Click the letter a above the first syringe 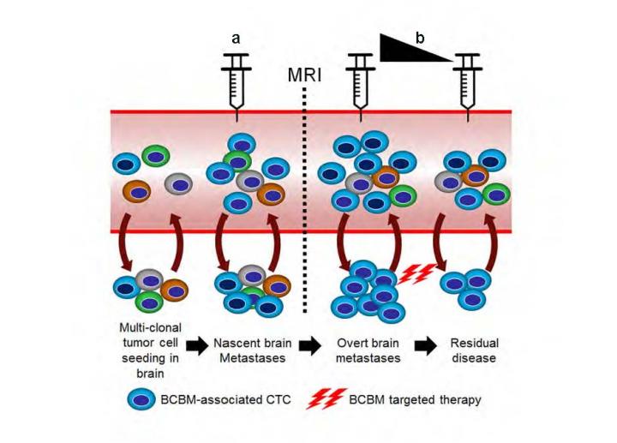click(236, 38)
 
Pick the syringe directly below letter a click(236, 81)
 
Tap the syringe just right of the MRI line click(360, 81)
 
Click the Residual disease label click(472, 350)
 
